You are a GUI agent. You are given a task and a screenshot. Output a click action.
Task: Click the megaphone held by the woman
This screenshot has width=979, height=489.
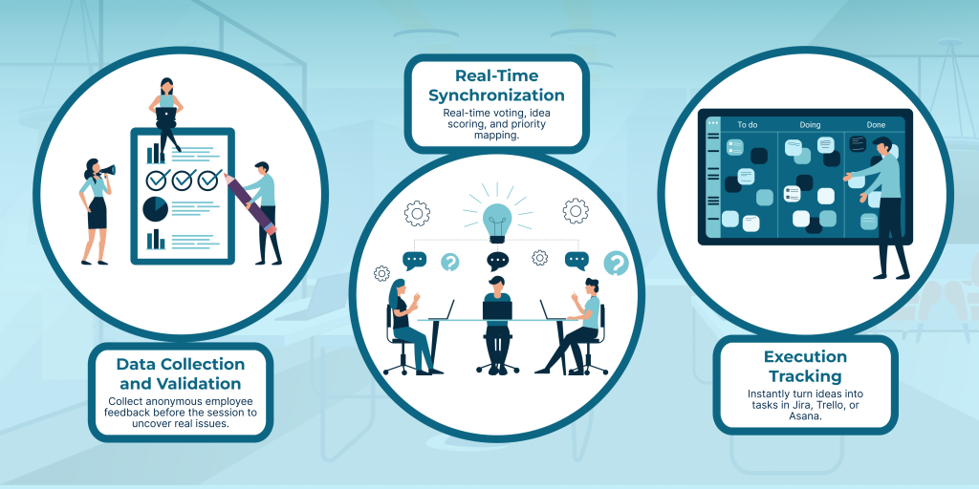(x=108, y=171)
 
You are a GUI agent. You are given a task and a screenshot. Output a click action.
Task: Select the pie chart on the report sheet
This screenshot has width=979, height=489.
(x=156, y=208)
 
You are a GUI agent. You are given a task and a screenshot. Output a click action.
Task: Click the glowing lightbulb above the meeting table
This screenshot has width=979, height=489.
(x=497, y=218)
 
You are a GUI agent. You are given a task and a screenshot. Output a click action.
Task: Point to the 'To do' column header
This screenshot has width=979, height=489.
(x=747, y=124)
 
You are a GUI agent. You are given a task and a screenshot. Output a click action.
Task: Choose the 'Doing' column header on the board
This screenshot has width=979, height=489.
(x=810, y=124)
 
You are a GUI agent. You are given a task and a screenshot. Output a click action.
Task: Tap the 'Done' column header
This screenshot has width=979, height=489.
(x=876, y=124)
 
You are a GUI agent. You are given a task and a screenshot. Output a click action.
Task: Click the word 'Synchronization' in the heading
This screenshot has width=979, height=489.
(x=496, y=96)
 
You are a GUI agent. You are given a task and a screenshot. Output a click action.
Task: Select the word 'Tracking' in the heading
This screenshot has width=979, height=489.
(x=805, y=376)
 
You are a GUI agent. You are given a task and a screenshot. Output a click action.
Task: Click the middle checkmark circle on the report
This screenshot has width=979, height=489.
(x=183, y=180)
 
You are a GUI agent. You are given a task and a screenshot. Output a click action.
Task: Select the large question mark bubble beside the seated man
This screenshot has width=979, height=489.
(x=617, y=263)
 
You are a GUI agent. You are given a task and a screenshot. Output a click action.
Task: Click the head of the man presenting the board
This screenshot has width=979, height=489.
(x=882, y=147)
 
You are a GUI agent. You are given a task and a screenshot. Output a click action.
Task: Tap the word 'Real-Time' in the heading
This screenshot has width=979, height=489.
(x=496, y=75)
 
